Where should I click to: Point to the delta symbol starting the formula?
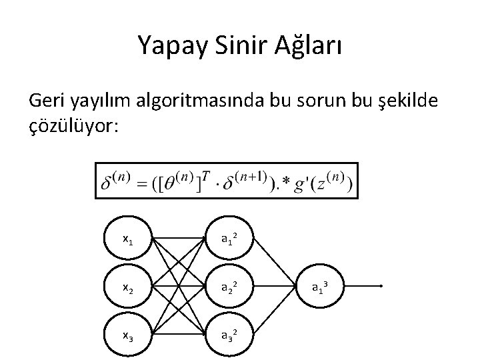(x=107, y=183)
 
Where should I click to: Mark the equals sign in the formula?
(x=143, y=183)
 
